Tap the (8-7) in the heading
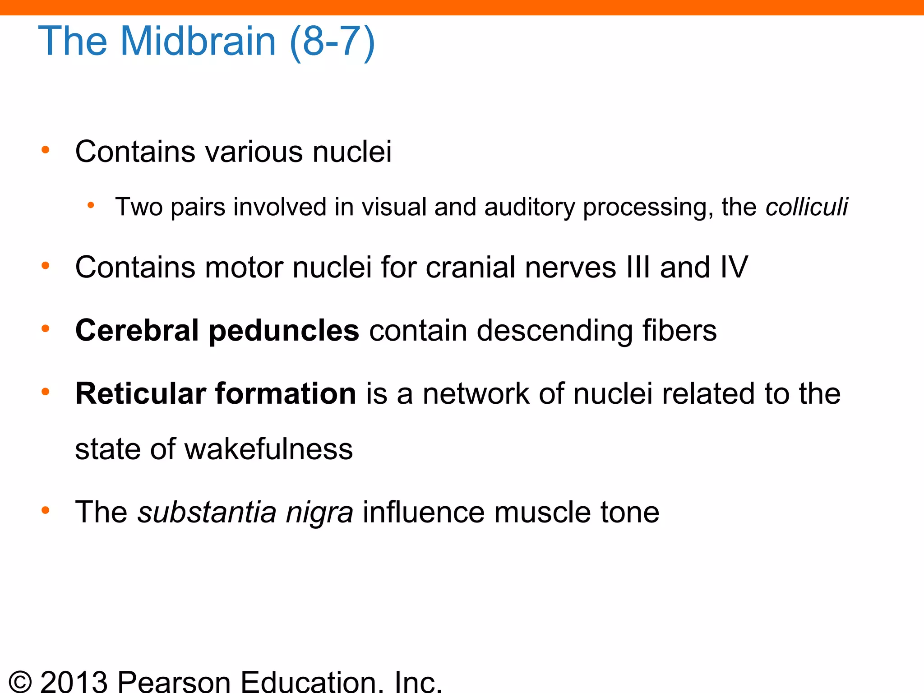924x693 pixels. (x=332, y=42)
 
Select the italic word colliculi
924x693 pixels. (x=807, y=207)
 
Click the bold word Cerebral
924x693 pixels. (x=137, y=330)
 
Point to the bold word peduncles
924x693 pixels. (x=284, y=331)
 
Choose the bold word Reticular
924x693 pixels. (x=140, y=393)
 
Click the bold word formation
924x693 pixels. (x=286, y=393)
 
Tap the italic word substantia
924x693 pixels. (x=207, y=512)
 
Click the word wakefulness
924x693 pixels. (x=268, y=449)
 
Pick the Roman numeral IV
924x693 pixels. (x=733, y=267)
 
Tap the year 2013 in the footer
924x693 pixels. (x=74, y=681)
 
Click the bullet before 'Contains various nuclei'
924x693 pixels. (x=45, y=150)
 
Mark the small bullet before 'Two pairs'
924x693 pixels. (x=91, y=206)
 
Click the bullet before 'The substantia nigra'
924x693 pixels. (x=45, y=511)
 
